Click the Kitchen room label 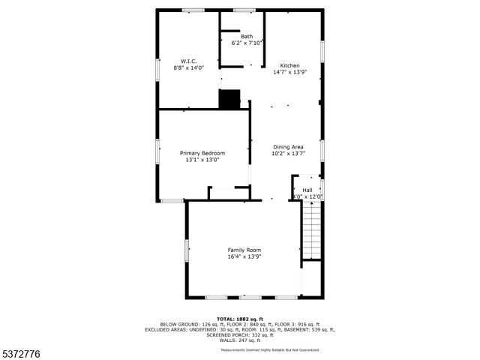coord(289,64)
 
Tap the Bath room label coord(247,37)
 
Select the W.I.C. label coord(188,61)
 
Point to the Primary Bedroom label coord(202,153)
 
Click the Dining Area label coord(288,146)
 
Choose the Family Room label coord(244,250)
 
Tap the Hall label coord(307,190)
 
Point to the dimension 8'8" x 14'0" coord(188,67)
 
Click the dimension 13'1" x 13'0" coord(202,160)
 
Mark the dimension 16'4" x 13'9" coord(244,256)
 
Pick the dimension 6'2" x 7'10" coord(247,43)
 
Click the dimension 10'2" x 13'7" coord(288,153)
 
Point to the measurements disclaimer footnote coord(270,350)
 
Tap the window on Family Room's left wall coord(187,250)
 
